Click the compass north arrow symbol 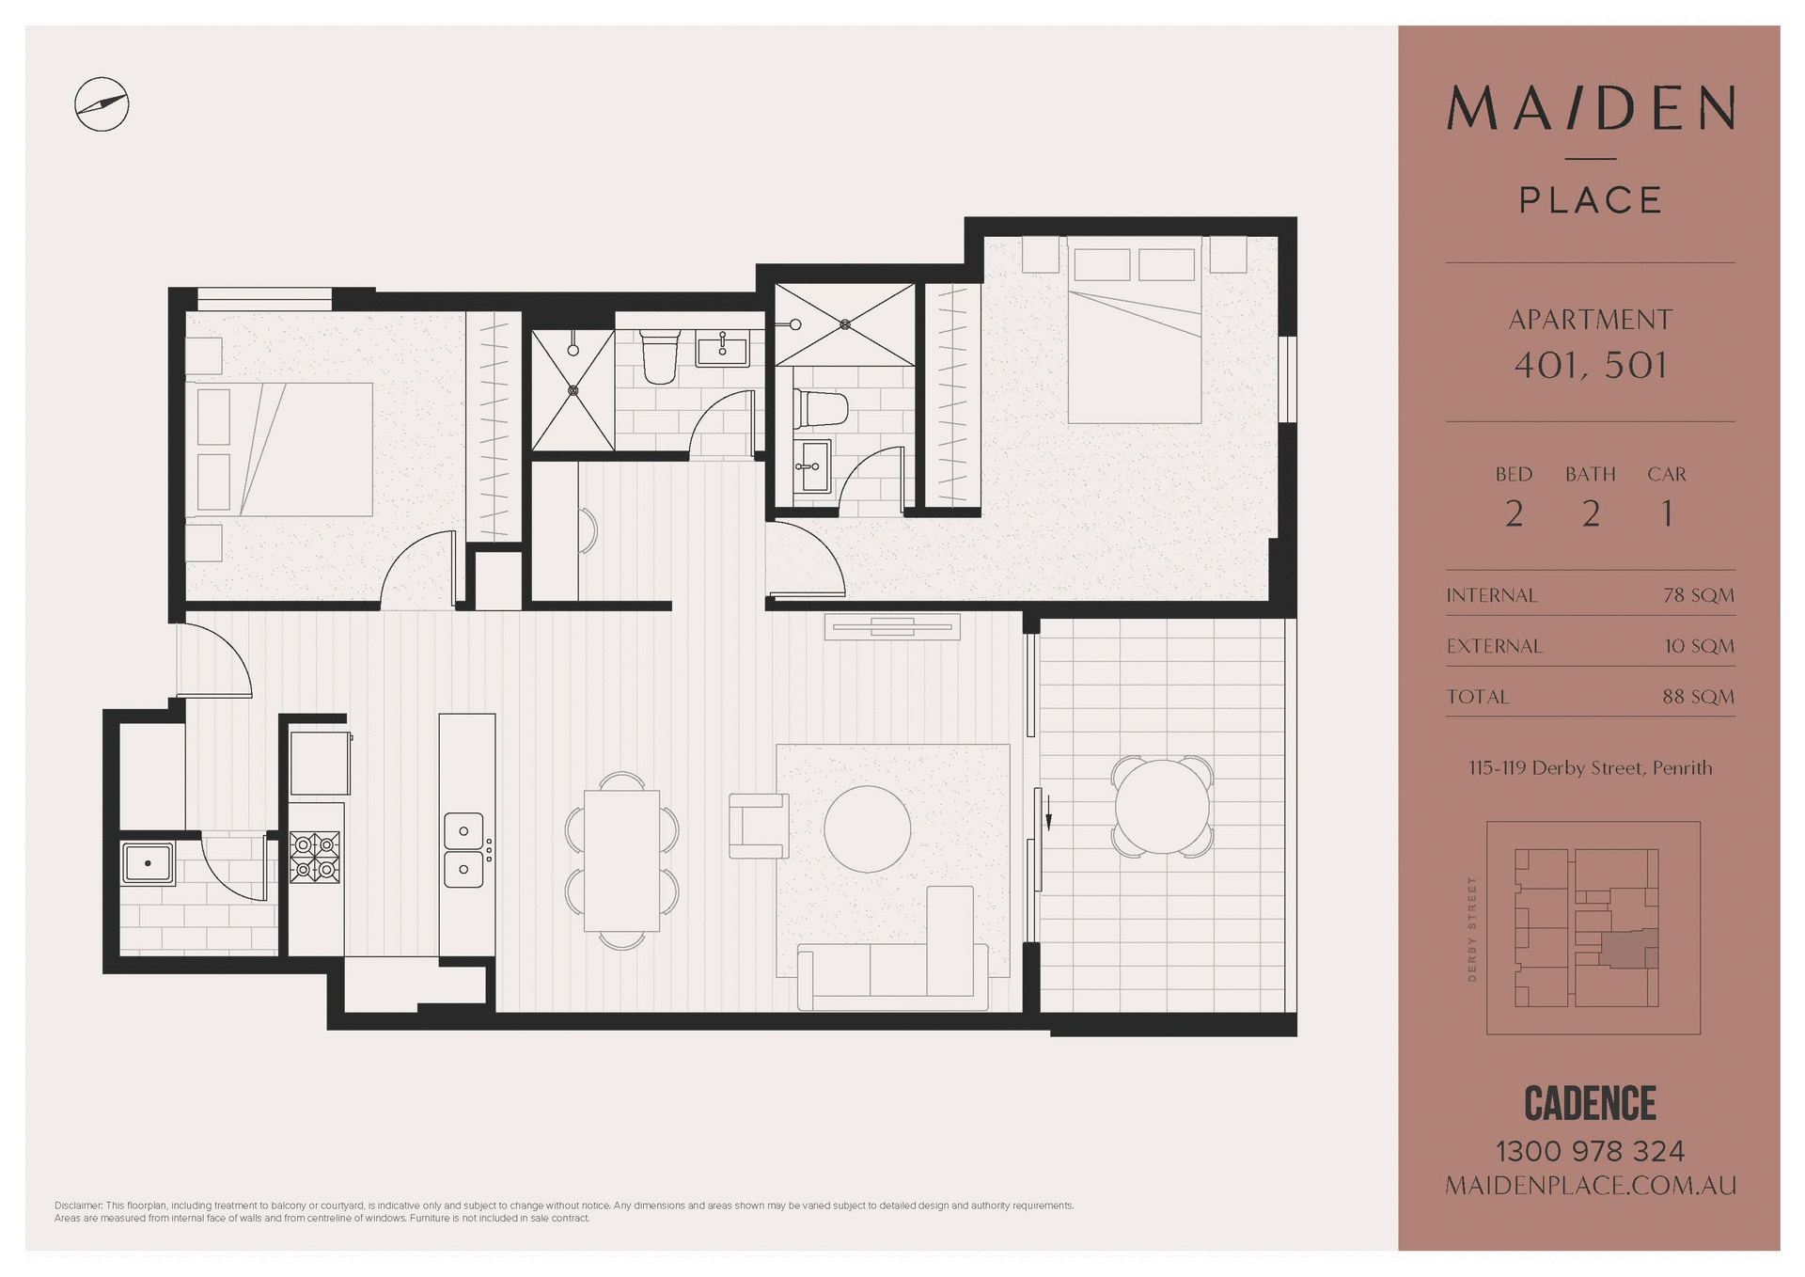(x=102, y=104)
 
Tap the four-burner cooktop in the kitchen (x=314, y=857)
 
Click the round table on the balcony (x=1162, y=807)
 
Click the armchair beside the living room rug (x=758, y=826)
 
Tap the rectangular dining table (x=621, y=860)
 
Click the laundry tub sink (x=148, y=862)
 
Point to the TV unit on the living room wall (x=892, y=627)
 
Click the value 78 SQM (x=1698, y=595)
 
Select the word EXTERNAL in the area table (x=1494, y=646)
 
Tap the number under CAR (x=1667, y=513)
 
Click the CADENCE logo (x=1590, y=1104)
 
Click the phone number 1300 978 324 (x=1590, y=1151)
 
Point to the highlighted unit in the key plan (x=1626, y=950)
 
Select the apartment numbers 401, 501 (x=1590, y=365)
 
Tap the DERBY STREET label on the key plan (x=1472, y=929)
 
